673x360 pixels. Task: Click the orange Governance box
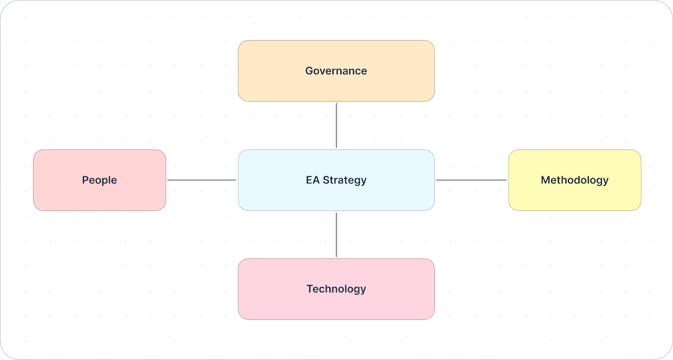point(336,71)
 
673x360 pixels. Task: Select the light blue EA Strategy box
point(336,180)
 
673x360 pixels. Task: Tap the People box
point(99,180)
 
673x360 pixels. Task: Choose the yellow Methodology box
point(575,180)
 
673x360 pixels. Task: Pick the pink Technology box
point(336,289)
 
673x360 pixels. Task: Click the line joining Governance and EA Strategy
point(336,125)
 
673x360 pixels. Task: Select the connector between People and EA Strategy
point(202,180)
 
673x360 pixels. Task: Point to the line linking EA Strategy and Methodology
point(472,180)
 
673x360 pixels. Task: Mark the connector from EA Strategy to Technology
point(336,235)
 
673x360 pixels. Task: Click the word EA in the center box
point(313,180)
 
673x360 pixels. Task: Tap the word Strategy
point(344,180)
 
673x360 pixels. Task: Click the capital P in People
point(85,180)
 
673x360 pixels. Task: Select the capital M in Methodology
point(546,180)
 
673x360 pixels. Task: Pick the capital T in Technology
point(310,289)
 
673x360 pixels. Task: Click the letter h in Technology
point(332,289)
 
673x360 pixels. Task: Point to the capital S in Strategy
point(326,180)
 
